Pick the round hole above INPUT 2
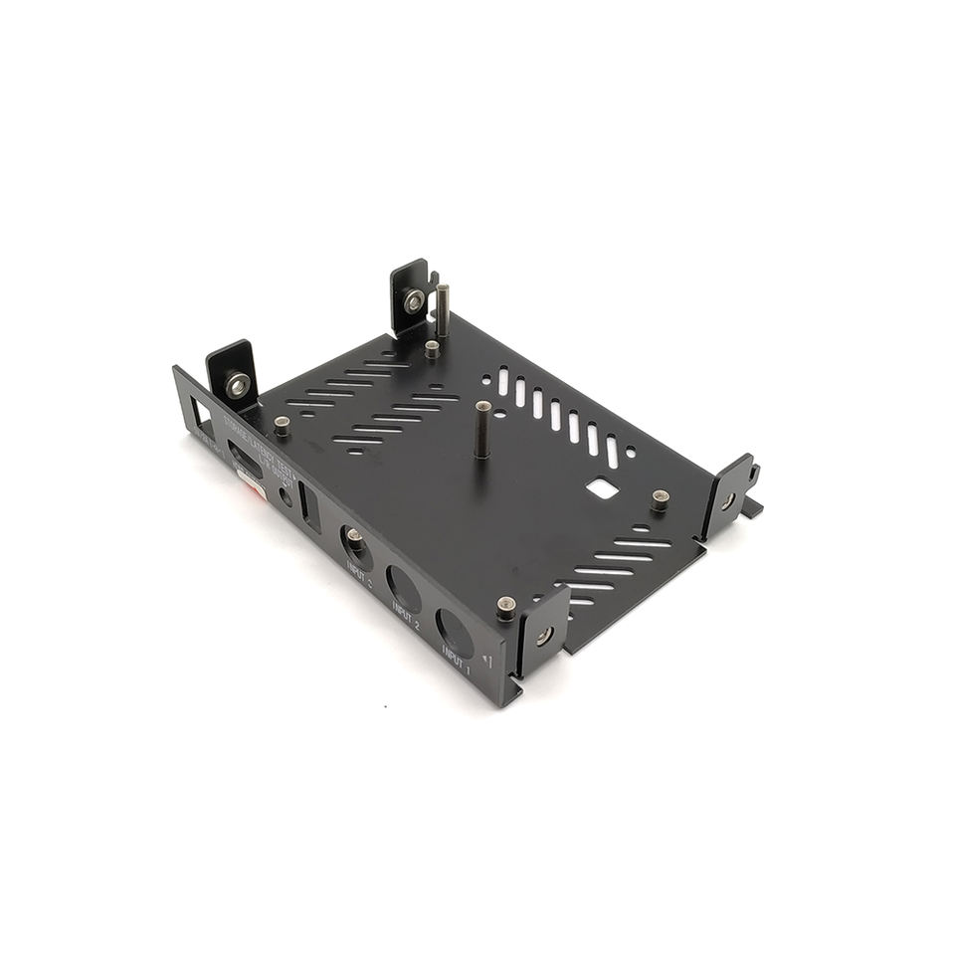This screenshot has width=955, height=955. click(403, 586)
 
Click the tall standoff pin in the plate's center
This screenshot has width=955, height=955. click(482, 428)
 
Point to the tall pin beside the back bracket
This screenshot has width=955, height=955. click(442, 308)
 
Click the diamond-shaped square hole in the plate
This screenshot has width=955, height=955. click(601, 487)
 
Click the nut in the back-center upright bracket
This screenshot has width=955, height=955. click(413, 300)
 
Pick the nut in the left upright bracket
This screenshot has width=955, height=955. click(237, 384)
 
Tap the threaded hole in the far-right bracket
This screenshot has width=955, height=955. click(728, 500)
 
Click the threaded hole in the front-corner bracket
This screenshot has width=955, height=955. click(544, 635)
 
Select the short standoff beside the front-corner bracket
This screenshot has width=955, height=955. click(506, 607)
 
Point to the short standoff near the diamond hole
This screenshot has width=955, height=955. click(660, 498)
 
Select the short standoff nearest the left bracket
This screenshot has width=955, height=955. click(282, 426)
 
